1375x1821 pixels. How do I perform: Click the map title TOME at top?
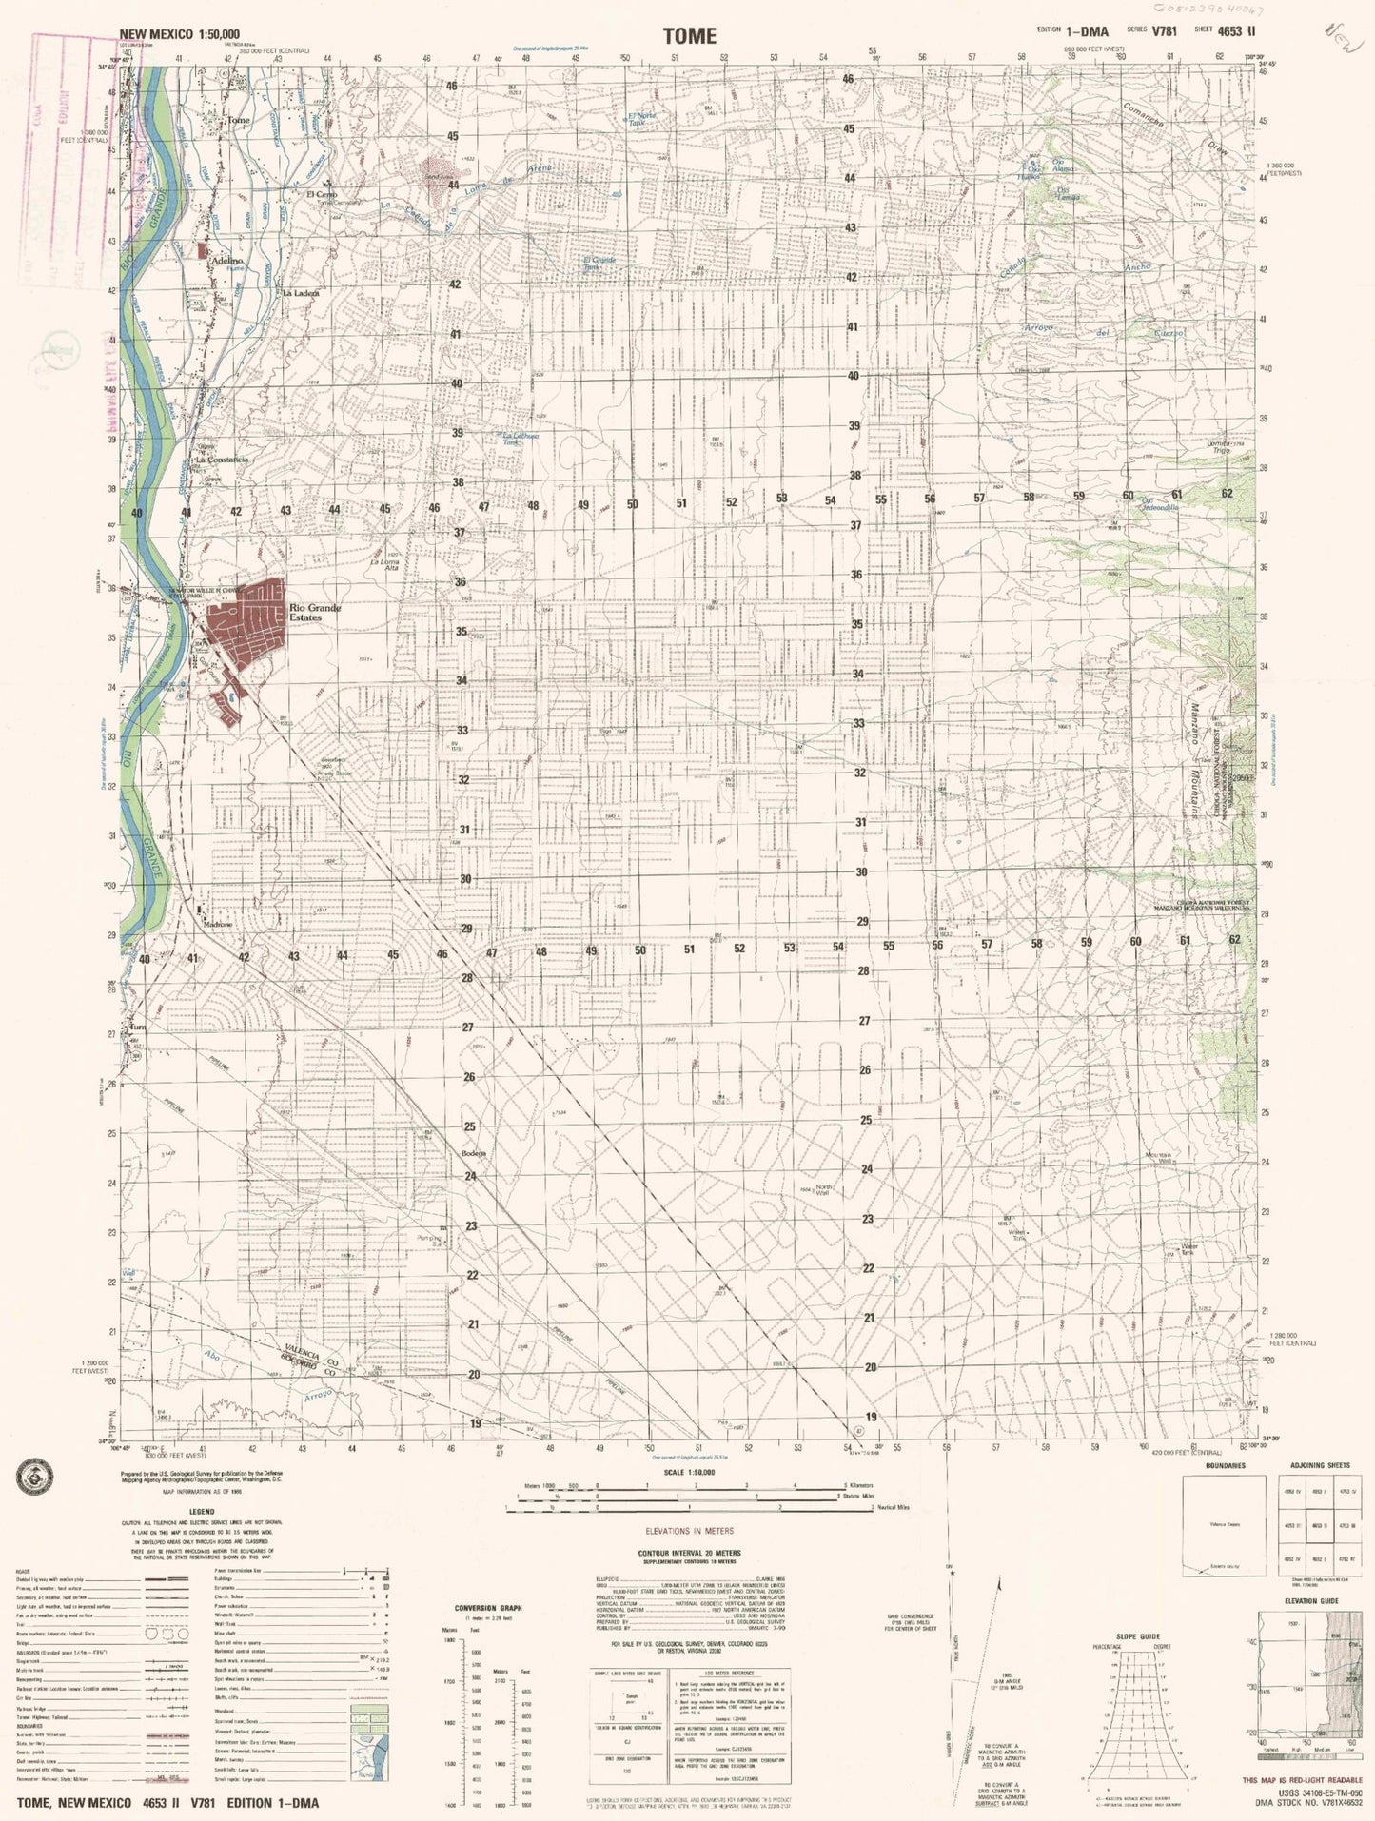click(689, 36)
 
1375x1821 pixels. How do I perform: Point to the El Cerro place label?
click(323, 195)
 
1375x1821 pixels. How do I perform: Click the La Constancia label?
click(222, 460)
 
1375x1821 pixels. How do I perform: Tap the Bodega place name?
click(474, 1154)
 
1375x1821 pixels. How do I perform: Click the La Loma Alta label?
click(384, 565)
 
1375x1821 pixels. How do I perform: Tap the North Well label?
click(823, 1190)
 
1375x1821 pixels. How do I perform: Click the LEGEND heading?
click(201, 1512)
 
